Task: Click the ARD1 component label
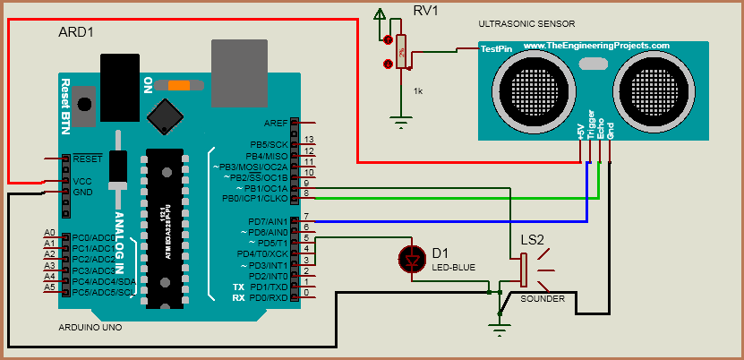pyautogui.click(x=76, y=31)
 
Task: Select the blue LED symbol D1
pyautogui.click(x=413, y=260)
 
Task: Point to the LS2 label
pyautogui.click(x=533, y=240)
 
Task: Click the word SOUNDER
pyautogui.click(x=543, y=299)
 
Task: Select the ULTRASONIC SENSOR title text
pyautogui.click(x=526, y=23)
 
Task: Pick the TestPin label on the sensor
pyautogui.click(x=496, y=49)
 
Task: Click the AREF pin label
pyautogui.click(x=276, y=123)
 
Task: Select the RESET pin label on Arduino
pyautogui.click(x=88, y=158)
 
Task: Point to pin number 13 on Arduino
pyautogui.click(x=309, y=140)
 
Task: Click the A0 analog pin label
pyautogui.click(x=49, y=233)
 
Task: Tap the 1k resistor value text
pyautogui.click(x=418, y=91)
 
